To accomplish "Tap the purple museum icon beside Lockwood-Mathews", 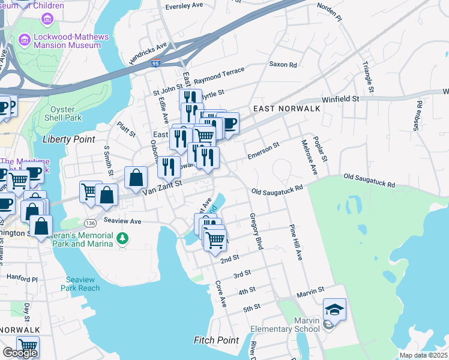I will pos(25,40).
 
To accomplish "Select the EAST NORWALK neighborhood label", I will pos(286,109).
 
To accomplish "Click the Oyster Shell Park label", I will pos(58,113).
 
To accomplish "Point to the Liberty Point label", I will pos(68,139).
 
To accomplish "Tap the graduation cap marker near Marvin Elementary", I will pos(334,310).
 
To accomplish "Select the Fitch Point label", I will pos(216,340).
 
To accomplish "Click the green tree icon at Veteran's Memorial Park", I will pos(122,239).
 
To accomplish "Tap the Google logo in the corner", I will pos(20,353).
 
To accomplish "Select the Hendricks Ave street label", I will pos(148,54).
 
